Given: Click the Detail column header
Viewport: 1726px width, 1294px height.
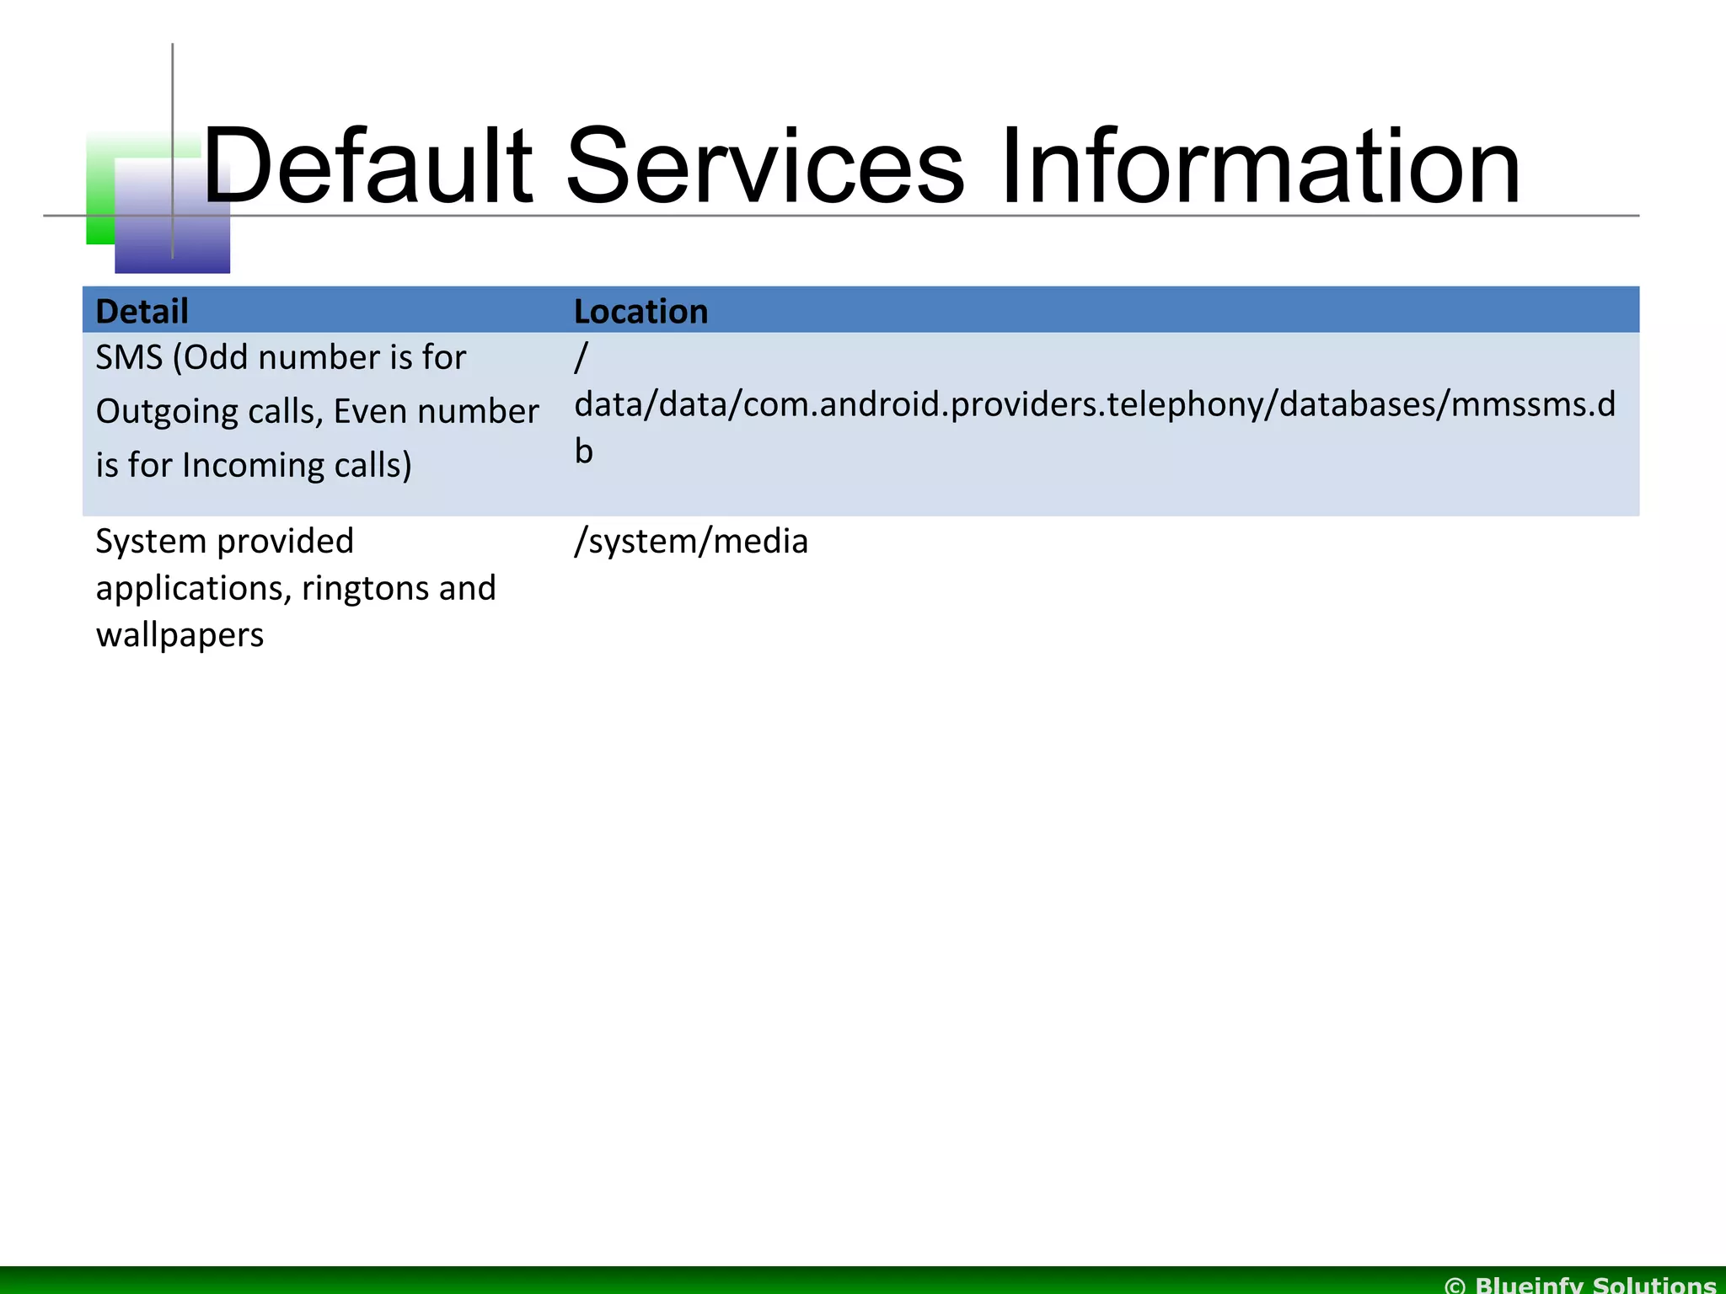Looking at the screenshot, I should [142, 311].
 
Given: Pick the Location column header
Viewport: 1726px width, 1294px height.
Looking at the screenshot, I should [641, 311].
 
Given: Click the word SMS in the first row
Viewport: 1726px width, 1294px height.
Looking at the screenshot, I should [128, 358].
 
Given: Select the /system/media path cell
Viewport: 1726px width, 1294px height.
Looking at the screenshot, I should [691, 542].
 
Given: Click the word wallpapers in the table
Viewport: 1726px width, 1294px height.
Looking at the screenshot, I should [180, 635].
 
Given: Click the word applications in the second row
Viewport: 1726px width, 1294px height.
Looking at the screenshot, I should [193, 589].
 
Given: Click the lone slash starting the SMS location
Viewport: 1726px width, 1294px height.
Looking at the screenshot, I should [581, 358].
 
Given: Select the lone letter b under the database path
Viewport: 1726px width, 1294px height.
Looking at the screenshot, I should [584, 452].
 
